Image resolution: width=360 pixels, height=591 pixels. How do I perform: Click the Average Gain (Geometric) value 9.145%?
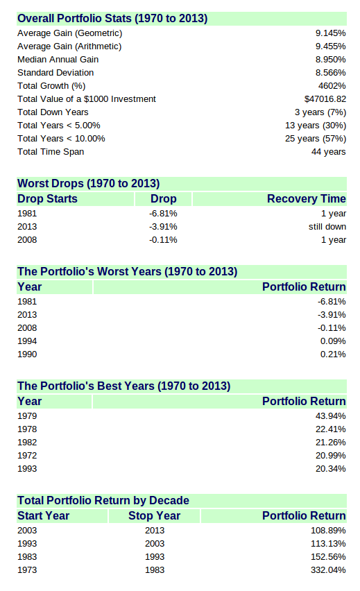click(x=331, y=33)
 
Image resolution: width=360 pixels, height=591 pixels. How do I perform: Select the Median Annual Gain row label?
click(x=58, y=60)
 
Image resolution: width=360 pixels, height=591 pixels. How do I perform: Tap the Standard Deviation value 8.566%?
click(x=331, y=73)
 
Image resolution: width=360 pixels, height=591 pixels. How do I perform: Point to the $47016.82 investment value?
click(x=325, y=99)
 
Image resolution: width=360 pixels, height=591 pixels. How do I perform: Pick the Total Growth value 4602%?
click(x=332, y=86)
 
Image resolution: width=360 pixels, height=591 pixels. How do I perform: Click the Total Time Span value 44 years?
click(x=329, y=152)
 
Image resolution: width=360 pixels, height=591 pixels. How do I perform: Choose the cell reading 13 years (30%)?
click(x=316, y=126)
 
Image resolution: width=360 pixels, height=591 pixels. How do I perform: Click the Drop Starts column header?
click(x=47, y=198)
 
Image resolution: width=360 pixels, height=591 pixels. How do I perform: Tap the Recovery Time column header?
click(x=307, y=198)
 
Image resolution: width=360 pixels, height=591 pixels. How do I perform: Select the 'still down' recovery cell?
click(x=327, y=227)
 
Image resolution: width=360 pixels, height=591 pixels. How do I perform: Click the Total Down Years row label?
click(x=53, y=112)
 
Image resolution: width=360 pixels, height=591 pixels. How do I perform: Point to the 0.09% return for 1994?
click(x=333, y=341)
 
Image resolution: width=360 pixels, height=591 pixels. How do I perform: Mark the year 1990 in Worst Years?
click(x=27, y=354)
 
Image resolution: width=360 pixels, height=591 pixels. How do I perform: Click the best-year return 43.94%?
click(x=331, y=416)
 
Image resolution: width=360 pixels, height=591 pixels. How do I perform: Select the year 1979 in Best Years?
click(x=27, y=416)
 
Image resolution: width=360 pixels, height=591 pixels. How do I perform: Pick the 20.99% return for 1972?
click(x=331, y=456)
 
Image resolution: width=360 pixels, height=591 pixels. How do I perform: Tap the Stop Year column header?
click(x=155, y=515)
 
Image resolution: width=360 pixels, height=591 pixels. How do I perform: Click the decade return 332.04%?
click(x=328, y=570)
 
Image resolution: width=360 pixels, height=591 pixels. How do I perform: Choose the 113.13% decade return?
click(x=328, y=544)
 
